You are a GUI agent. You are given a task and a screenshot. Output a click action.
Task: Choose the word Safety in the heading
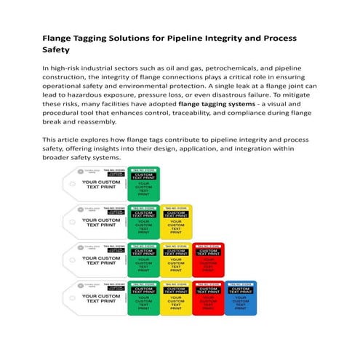[x=56, y=50]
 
